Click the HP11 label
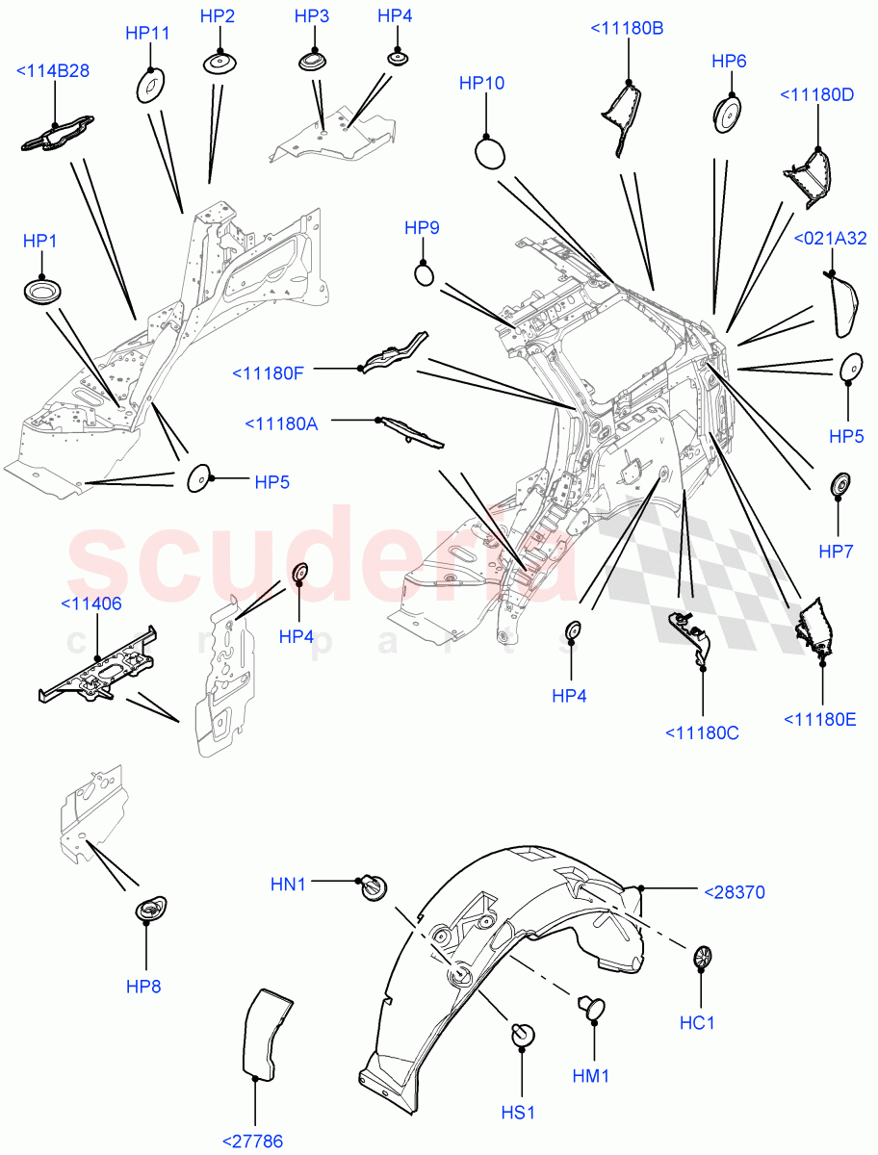coord(147,33)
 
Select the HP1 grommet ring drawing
coord(40,291)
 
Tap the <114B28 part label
coord(54,70)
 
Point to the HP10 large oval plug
coord(491,152)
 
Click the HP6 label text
coord(729,61)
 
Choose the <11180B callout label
coord(626,29)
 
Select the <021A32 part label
coord(830,239)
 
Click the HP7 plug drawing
coord(839,483)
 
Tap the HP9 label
coord(422,228)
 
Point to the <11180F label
coord(268,372)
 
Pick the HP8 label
coord(146,987)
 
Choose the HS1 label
coord(517,1112)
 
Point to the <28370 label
coord(735,892)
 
